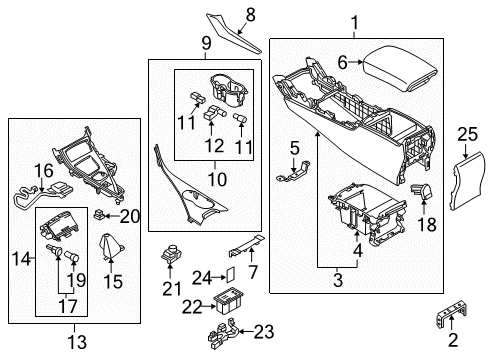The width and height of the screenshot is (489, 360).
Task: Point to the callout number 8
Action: click(x=251, y=15)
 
